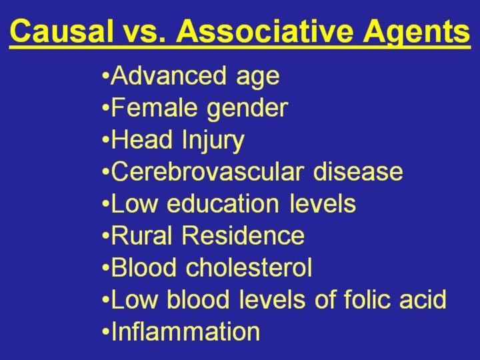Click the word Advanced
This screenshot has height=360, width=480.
pyautogui.click(x=169, y=75)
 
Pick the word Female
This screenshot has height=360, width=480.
pyautogui.click(x=154, y=107)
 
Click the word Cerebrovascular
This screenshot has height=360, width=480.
pyautogui.click(x=207, y=171)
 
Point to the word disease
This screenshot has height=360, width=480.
pyautogui.click(x=358, y=171)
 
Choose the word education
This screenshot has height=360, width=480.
pyautogui.click(x=223, y=203)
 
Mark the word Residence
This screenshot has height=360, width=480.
pyautogui.click(x=243, y=235)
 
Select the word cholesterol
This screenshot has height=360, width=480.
pyautogui.click(x=249, y=267)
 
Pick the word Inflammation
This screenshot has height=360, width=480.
pyautogui.click(x=185, y=331)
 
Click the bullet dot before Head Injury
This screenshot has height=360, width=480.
pyautogui.click(x=105, y=139)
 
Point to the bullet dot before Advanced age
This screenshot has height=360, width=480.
pyautogui.click(x=105, y=75)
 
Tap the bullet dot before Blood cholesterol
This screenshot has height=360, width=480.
pyautogui.click(x=105, y=267)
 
